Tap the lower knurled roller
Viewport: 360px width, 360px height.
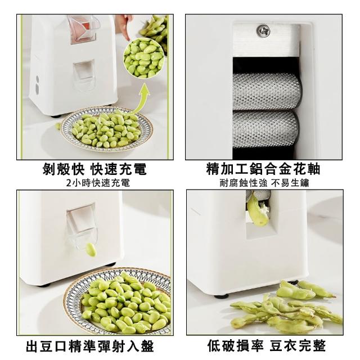(x=266, y=130)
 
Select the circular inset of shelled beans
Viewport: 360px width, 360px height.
(x=145, y=58)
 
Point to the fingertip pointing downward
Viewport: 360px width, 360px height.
(x=126, y=37)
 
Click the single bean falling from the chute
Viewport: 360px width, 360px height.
(x=91, y=250)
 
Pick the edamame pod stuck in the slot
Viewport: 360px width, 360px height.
(x=258, y=210)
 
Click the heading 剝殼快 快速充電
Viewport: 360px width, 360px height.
(x=94, y=169)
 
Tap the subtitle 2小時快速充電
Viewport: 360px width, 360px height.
(x=98, y=183)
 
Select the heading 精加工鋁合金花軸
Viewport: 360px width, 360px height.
(x=263, y=169)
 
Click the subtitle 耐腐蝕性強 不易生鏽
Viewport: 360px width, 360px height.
(x=264, y=183)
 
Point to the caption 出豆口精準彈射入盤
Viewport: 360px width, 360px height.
(x=90, y=346)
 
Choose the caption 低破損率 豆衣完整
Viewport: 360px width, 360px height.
(x=267, y=346)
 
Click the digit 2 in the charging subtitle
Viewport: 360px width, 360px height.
(x=69, y=183)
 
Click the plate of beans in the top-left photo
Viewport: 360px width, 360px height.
(x=106, y=130)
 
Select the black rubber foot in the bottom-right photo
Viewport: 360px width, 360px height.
(x=221, y=296)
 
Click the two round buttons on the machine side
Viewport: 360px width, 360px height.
(x=37, y=84)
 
